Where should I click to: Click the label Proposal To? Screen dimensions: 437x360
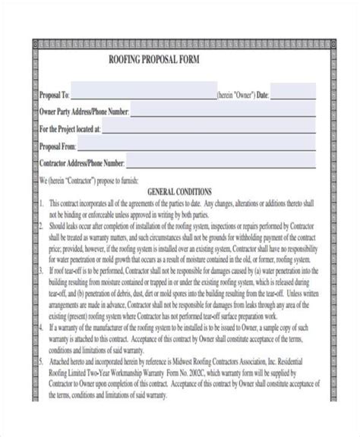tap(54, 96)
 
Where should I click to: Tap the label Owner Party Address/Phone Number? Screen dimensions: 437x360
tap(84, 112)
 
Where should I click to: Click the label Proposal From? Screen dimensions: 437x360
tap(58, 146)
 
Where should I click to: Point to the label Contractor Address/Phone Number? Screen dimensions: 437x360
tap(81, 163)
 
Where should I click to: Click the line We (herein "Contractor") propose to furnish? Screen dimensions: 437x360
tap(87, 181)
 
